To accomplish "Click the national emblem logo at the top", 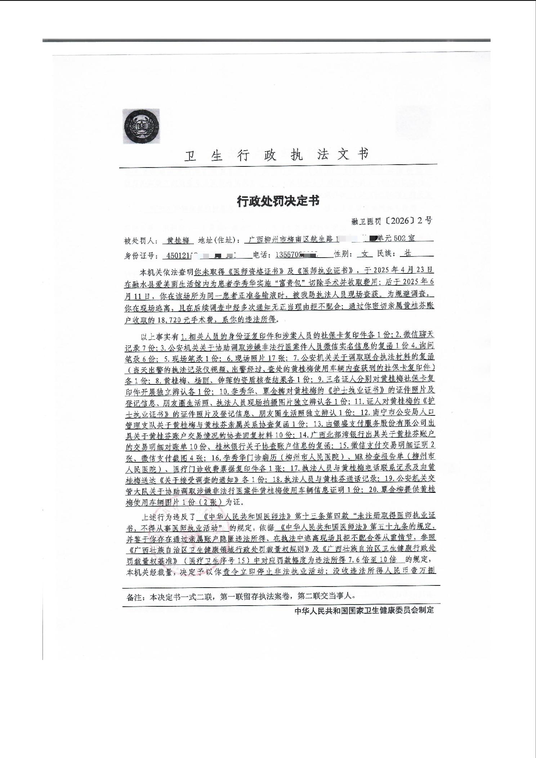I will click(x=142, y=126).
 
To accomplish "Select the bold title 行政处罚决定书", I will click(x=278, y=201).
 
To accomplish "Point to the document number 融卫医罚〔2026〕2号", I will click(x=392, y=221).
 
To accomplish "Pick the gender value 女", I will click(x=365, y=254).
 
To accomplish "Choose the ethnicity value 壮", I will click(x=407, y=254).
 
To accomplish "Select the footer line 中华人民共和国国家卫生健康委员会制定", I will click(x=364, y=611).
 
